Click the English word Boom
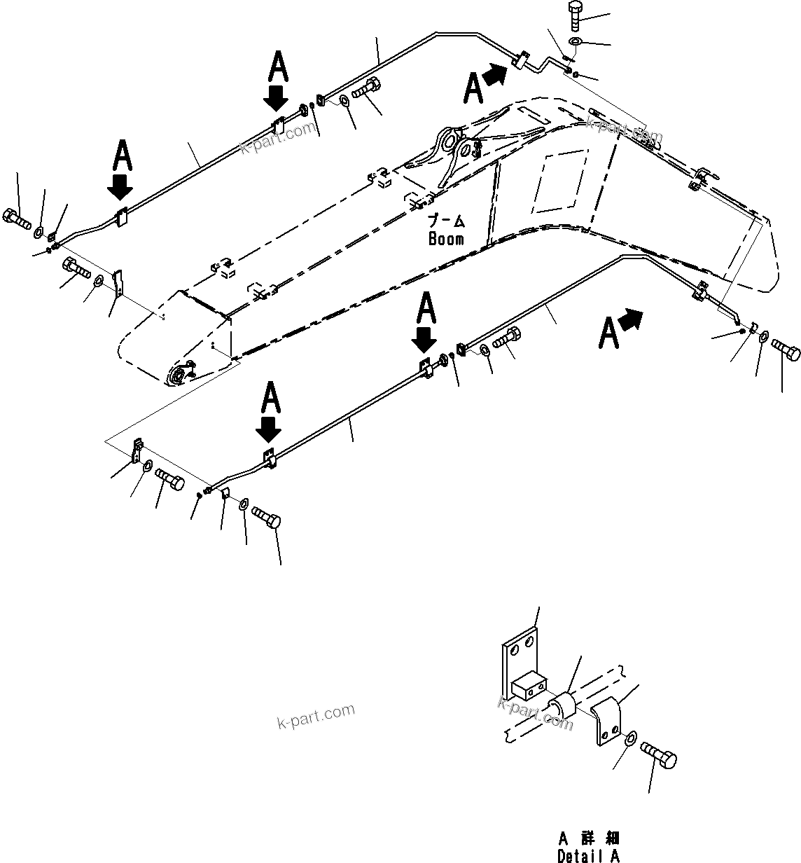tap(446, 239)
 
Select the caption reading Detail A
tap(588, 855)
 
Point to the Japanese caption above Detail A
tap(589, 838)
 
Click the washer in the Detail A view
tap(629, 738)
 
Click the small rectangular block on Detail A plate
tap(528, 685)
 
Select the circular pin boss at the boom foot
tap(178, 375)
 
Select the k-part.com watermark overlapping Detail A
tap(536, 711)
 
